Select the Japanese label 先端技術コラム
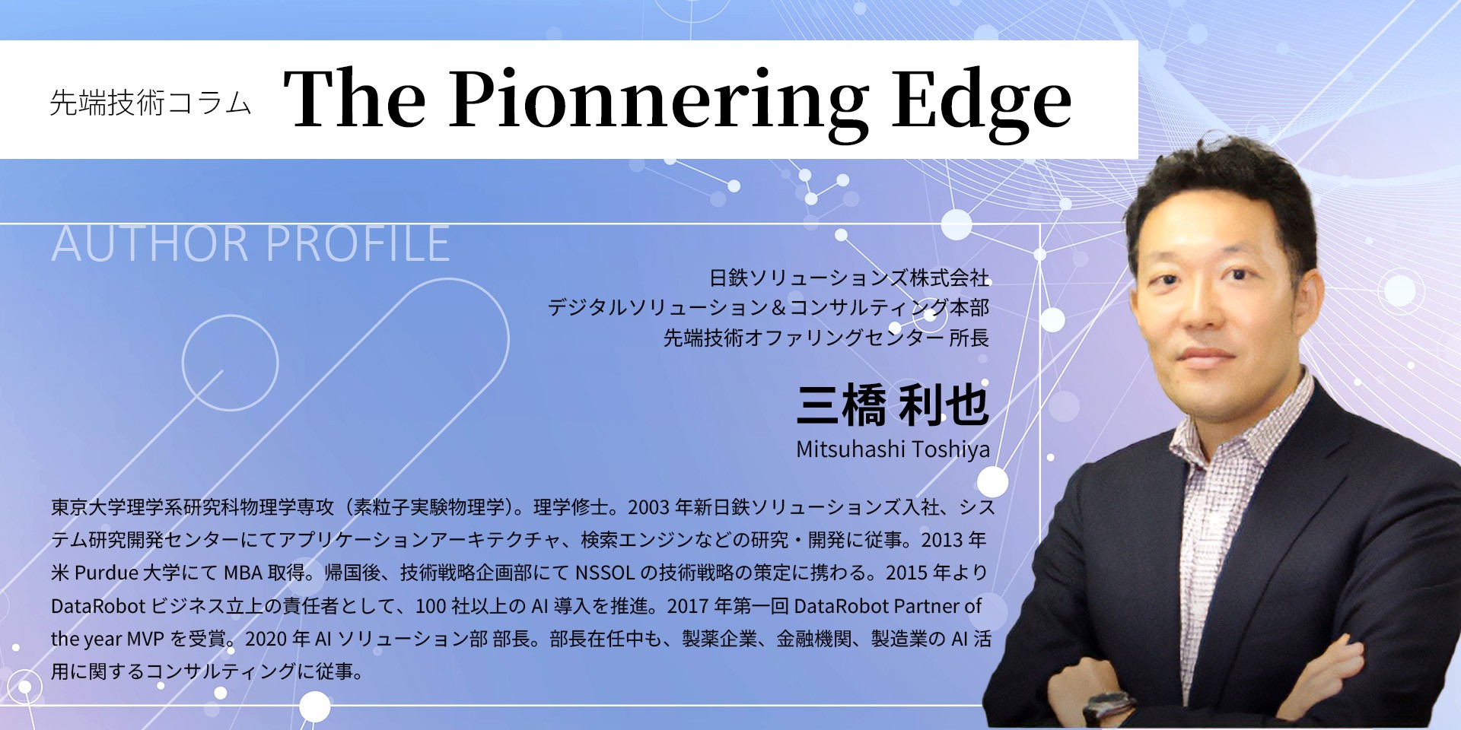150,102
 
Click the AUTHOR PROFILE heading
250,243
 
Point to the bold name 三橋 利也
893,405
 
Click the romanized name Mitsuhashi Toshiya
893,449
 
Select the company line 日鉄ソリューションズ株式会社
849,278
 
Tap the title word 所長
969,338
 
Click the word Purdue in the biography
107,573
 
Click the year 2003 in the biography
648,507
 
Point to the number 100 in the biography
431,606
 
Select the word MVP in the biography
145,639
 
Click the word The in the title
355,100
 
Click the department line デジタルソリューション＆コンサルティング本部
769,308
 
